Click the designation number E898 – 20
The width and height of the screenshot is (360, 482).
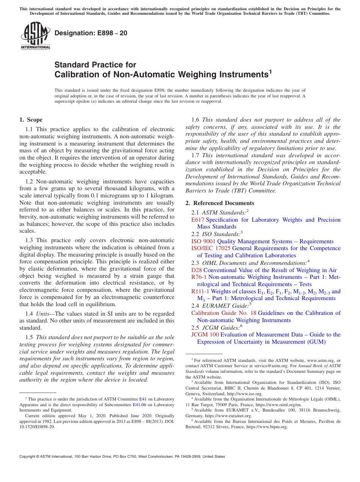pos(91,33)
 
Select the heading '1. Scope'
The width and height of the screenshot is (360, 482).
pos(31,120)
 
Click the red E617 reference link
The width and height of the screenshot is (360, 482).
pos(198,220)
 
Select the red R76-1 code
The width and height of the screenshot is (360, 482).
pos(199,277)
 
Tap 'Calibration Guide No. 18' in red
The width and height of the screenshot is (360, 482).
pos(224,313)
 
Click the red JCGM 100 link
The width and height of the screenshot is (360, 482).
pos(205,335)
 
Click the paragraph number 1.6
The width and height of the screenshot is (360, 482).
pos(195,120)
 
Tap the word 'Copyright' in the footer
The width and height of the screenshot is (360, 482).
pos(29,457)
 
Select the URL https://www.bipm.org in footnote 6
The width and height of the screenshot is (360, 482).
pos(271,427)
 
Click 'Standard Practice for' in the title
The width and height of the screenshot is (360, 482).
pos(95,65)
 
